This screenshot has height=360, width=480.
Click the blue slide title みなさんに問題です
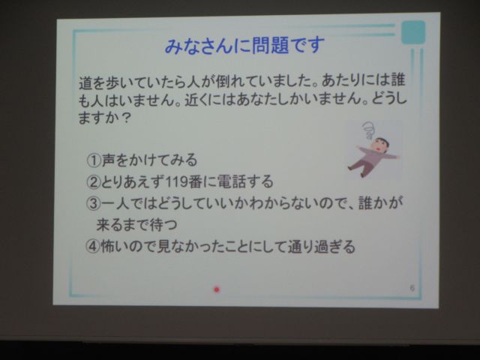244,45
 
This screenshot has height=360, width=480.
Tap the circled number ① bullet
94,160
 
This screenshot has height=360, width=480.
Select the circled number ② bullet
93,181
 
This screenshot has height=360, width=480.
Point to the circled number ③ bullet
93,203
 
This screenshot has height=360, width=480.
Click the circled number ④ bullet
93,247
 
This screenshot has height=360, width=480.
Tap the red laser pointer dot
217,289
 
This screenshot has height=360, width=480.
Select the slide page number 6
412,288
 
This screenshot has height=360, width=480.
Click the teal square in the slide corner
413,32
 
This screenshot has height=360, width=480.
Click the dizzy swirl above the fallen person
369,130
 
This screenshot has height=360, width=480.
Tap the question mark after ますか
126,118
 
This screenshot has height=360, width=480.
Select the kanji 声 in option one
108,160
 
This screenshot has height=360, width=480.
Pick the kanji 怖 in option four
107,247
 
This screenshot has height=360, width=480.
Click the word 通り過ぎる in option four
322,247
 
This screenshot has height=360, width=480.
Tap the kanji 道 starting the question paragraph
85,83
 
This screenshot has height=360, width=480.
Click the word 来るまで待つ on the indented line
136,225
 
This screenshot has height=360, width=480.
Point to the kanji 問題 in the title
269,45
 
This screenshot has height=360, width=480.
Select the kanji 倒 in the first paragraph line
223,82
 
